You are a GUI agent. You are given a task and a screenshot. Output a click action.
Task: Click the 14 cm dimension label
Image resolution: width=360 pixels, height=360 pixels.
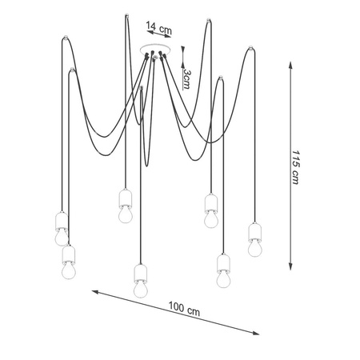[x=158, y=28]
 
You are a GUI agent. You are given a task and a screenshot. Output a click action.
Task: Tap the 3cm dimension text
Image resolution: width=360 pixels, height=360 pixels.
[x=186, y=79]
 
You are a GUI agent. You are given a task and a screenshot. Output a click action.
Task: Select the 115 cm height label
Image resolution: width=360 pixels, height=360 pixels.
[x=295, y=167]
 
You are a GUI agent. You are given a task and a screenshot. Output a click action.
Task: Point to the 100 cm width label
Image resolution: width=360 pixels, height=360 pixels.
[x=184, y=309]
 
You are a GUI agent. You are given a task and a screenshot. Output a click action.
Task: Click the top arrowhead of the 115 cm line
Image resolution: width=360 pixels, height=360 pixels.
[x=290, y=65]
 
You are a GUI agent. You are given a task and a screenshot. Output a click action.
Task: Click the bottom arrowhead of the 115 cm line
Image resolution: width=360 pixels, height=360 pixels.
[x=290, y=266]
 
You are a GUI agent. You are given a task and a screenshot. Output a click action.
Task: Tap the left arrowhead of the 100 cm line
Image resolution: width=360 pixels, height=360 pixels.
[x=95, y=292]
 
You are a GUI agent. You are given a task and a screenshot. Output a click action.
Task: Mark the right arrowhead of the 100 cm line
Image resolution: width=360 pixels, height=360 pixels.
[x=255, y=333]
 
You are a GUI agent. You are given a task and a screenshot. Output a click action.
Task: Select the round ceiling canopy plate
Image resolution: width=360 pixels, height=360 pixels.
[x=155, y=49]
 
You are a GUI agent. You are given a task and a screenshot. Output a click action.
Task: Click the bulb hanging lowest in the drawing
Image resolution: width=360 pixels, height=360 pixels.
[x=141, y=290]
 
